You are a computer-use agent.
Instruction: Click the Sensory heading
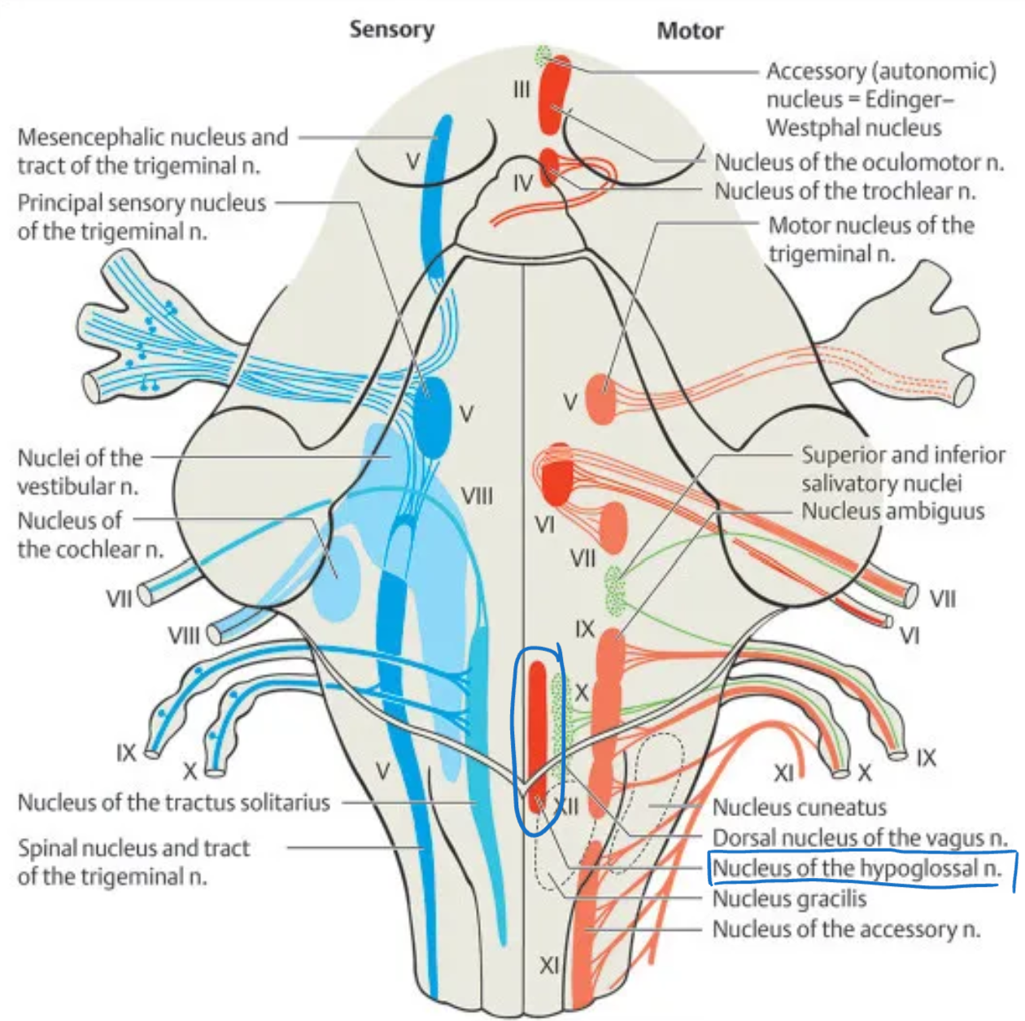click(391, 30)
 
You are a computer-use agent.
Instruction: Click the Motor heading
click(690, 32)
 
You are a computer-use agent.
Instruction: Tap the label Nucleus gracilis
click(789, 899)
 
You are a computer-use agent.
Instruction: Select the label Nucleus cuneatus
click(799, 808)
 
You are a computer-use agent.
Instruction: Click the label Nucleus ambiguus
click(892, 511)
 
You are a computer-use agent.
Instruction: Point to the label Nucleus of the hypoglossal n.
click(857, 869)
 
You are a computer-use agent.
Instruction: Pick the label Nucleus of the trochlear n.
click(844, 192)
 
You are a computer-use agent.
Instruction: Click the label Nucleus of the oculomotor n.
click(859, 163)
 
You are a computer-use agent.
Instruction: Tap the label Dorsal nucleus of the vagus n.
click(860, 838)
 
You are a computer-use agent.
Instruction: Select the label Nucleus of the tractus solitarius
click(174, 803)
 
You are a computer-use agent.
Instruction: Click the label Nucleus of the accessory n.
click(846, 929)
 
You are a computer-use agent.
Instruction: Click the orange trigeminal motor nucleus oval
click(600, 399)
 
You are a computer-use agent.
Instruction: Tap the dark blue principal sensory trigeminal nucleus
click(431, 415)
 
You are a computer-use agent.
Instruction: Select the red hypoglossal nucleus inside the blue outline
click(537, 732)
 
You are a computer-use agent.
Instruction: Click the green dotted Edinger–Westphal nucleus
click(543, 56)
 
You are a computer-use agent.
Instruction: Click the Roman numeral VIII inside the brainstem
click(477, 495)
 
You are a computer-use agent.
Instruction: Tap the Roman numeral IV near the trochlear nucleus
click(523, 184)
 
